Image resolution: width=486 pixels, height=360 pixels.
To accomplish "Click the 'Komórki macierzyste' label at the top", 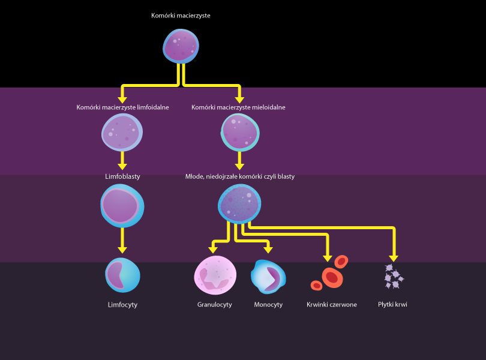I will [x=181, y=16].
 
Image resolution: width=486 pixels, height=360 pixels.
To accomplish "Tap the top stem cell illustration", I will [x=181, y=46].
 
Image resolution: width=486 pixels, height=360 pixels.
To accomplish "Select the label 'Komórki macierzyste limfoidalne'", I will [x=122, y=107].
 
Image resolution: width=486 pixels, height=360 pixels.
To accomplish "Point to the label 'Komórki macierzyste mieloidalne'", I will [x=238, y=107].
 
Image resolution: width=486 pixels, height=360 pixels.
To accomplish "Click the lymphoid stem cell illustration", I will [x=122, y=132].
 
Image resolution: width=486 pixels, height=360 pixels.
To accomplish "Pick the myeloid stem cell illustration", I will [x=240, y=131].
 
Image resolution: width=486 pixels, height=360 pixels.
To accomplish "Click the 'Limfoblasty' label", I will [x=122, y=176].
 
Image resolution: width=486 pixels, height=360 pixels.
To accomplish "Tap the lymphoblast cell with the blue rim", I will [x=122, y=205].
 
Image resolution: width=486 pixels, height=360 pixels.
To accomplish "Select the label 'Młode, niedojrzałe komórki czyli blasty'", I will [x=240, y=176].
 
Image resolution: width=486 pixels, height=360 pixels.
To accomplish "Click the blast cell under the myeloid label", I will [x=239, y=205].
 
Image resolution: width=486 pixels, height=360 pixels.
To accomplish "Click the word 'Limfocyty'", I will [x=122, y=305].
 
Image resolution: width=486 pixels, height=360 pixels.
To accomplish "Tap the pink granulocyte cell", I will [x=215, y=275].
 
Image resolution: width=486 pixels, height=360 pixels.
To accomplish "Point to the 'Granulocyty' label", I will [x=214, y=305].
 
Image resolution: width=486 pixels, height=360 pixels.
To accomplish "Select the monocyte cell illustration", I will [x=268, y=276].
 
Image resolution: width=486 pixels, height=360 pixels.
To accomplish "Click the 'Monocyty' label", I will [x=268, y=305].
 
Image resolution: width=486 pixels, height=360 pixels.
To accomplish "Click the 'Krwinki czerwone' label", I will [x=331, y=305].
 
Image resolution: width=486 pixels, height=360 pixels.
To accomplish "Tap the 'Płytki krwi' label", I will [x=393, y=305].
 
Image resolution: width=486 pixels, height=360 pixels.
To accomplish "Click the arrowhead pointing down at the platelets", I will [x=394, y=257].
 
